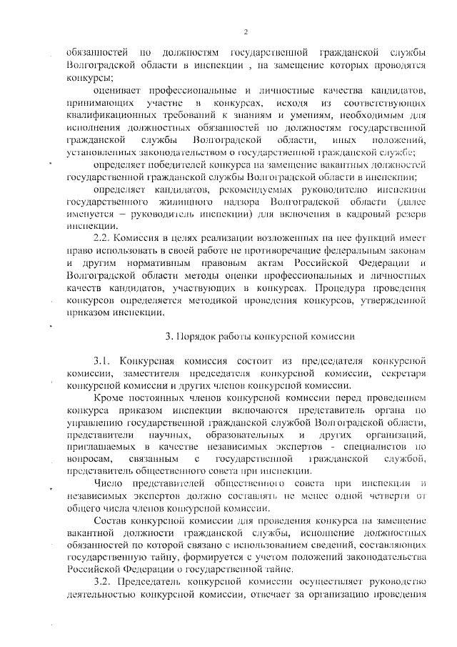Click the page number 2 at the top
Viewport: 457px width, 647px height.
click(245, 31)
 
